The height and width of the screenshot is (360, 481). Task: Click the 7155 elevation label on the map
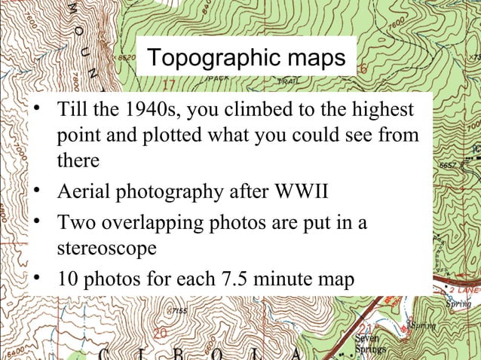point(179,310)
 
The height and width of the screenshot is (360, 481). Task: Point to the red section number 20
point(161,332)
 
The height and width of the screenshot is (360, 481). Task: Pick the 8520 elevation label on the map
point(124,56)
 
